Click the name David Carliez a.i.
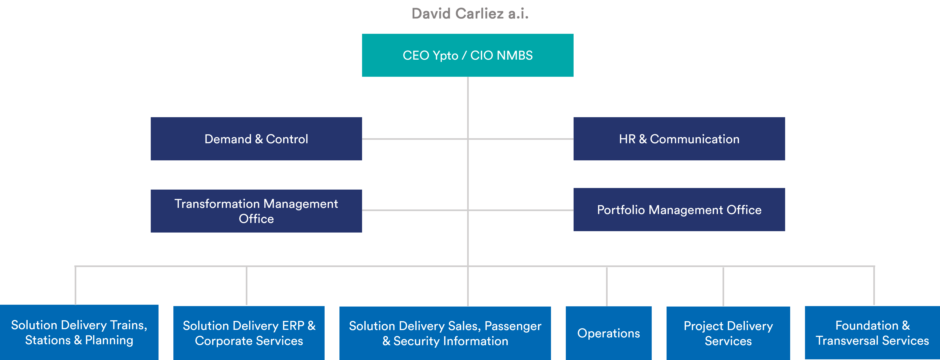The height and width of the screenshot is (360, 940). click(470, 14)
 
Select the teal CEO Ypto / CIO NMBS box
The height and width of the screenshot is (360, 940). click(467, 55)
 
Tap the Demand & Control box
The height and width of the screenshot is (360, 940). click(256, 139)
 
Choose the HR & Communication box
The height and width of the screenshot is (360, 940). click(679, 139)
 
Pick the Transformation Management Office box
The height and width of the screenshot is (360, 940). click(256, 211)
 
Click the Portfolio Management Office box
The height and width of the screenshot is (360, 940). click(679, 209)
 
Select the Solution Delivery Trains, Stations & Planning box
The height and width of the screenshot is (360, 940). click(79, 332)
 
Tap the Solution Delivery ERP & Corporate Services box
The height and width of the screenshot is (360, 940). click(249, 333)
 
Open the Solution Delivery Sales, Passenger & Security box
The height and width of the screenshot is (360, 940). click(445, 333)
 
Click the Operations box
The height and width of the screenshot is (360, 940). click(609, 333)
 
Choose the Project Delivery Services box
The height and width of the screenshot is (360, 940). click(728, 333)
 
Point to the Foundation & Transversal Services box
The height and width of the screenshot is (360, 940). click(872, 333)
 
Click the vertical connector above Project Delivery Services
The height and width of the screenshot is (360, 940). click(723, 287)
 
